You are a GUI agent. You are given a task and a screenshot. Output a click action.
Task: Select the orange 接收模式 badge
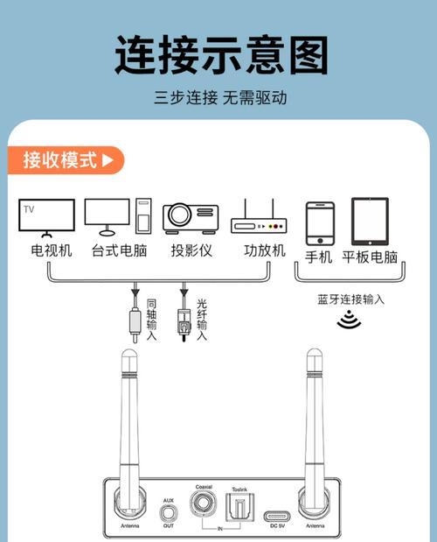click(x=68, y=160)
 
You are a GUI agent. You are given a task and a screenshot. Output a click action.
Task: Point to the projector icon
click(x=191, y=216)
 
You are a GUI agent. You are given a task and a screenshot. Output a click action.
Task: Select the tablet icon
click(x=370, y=221)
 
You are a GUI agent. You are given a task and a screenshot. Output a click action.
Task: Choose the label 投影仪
click(x=191, y=251)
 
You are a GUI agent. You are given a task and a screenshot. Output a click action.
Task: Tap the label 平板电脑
click(x=370, y=257)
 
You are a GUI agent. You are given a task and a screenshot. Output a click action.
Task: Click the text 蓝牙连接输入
click(x=350, y=299)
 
